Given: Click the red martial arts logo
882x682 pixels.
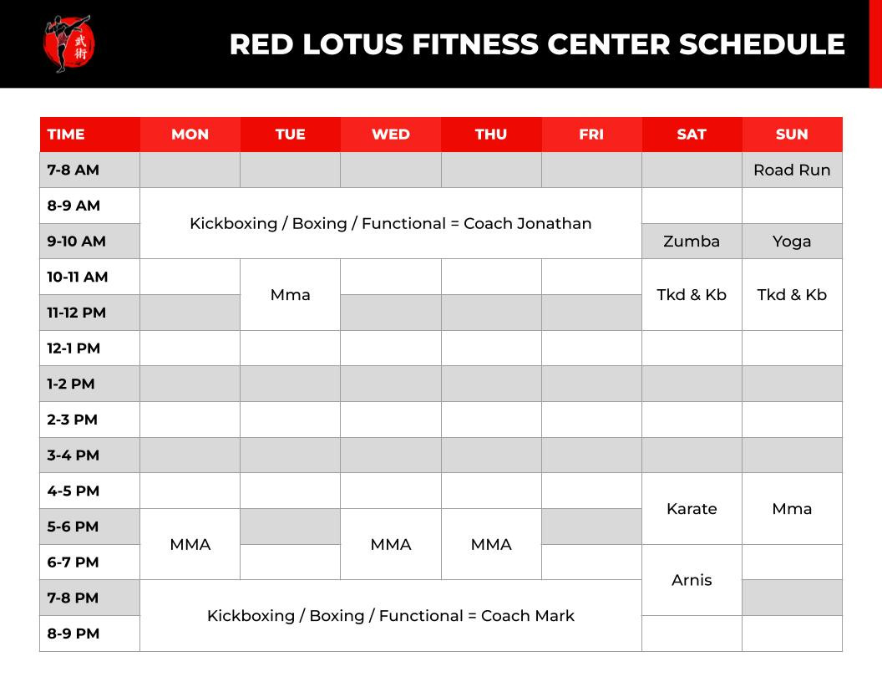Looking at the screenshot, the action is pyautogui.click(x=68, y=44).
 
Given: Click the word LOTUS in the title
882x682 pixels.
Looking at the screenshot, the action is pyautogui.click(x=353, y=44).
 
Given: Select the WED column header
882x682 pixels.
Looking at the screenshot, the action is pyautogui.click(x=391, y=135).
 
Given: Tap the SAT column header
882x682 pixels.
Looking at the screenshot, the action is pyautogui.click(x=692, y=135).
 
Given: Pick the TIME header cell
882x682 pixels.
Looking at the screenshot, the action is pyautogui.click(x=90, y=135).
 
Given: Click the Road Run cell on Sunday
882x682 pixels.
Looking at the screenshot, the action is pyautogui.click(x=792, y=170).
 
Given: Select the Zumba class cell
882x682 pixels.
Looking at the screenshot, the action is pyautogui.click(x=692, y=242).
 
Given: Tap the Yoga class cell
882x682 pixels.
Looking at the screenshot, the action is pyautogui.click(x=792, y=242).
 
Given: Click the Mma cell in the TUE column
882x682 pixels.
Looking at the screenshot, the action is pyautogui.click(x=291, y=295).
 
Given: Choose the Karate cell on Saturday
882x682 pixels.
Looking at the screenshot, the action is pyautogui.click(x=692, y=509).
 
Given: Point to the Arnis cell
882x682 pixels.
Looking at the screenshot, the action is pyautogui.click(x=692, y=580).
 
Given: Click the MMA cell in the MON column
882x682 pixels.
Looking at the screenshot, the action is pyautogui.click(x=190, y=545).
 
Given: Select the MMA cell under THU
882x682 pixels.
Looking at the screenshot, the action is pyautogui.click(x=491, y=545).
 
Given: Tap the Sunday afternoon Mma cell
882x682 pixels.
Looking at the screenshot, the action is pyautogui.click(x=792, y=509).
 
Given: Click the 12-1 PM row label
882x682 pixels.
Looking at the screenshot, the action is pyautogui.click(x=73, y=349).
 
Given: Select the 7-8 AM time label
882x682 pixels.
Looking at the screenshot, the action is pyautogui.click(x=73, y=170).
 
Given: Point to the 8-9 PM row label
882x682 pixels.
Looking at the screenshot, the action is pyautogui.click(x=73, y=634).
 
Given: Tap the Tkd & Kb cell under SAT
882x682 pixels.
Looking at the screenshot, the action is pyautogui.click(x=692, y=295).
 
